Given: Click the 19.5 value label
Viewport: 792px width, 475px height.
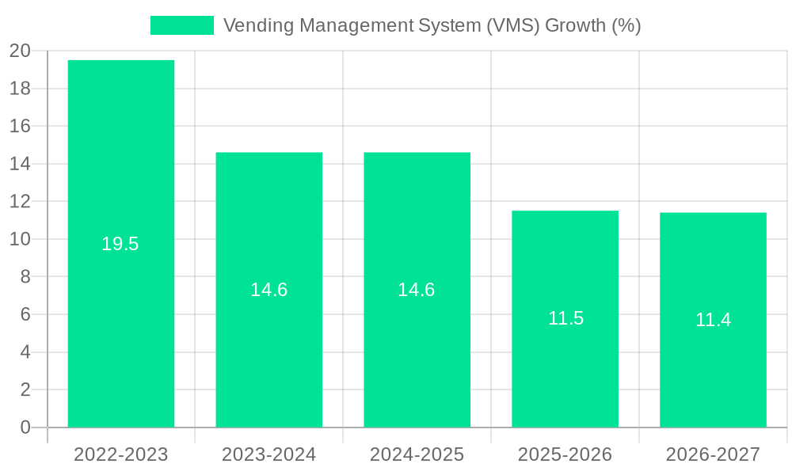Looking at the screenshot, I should pyautogui.click(x=120, y=244).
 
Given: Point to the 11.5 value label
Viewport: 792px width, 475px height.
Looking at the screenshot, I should pyautogui.click(x=565, y=318).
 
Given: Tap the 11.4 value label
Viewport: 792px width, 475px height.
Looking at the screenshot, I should pyautogui.click(x=713, y=320).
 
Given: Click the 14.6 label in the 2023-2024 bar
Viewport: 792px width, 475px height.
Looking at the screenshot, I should pyautogui.click(x=269, y=290).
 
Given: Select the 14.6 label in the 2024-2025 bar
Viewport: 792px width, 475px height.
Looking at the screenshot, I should pyautogui.click(x=417, y=290).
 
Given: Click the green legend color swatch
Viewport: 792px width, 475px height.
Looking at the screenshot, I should pyautogui.click(x=182, y=25).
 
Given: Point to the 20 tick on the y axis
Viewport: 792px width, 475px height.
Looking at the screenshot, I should pyautogui.click(x=20, y=51).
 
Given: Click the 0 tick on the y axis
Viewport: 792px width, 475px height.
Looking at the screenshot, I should pyautogui.click(x=25, y=427).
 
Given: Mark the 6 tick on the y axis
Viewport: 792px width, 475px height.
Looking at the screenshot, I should pyautogui.click(x=25, y=314).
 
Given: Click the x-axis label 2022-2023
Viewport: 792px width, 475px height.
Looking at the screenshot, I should pyautogui.click(x=121, y=454).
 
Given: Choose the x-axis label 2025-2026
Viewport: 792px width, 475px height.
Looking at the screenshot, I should pyautogui.click(x=565, y=454).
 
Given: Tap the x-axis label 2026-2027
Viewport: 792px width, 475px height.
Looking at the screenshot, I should pyautogui.click(x=713, y=454).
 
